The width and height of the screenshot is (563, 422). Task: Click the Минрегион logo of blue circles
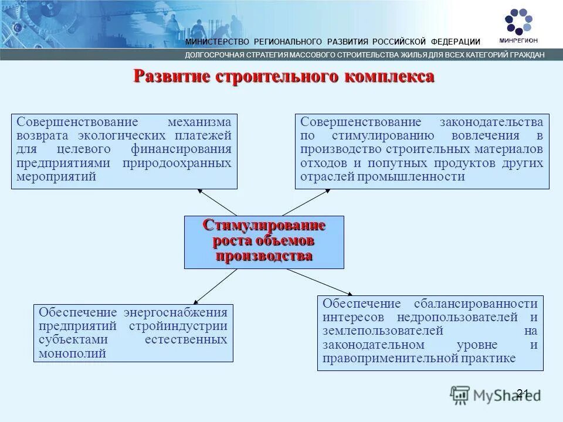[518, 22]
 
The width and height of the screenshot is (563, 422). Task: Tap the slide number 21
[523, 393]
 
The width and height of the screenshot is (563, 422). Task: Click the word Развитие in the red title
[174, 77]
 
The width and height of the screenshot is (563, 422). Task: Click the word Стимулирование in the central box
[264, 226]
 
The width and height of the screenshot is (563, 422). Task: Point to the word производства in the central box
[264, 256]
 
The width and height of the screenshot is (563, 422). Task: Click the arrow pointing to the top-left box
[217, 202]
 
